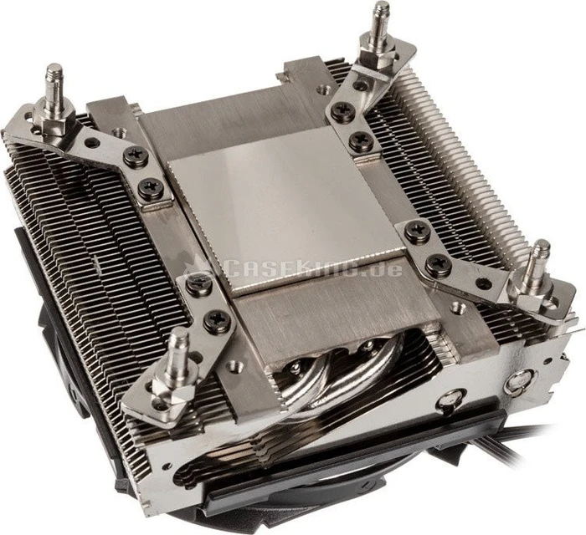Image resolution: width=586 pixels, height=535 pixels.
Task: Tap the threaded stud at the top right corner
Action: click(x=381, y=23)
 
